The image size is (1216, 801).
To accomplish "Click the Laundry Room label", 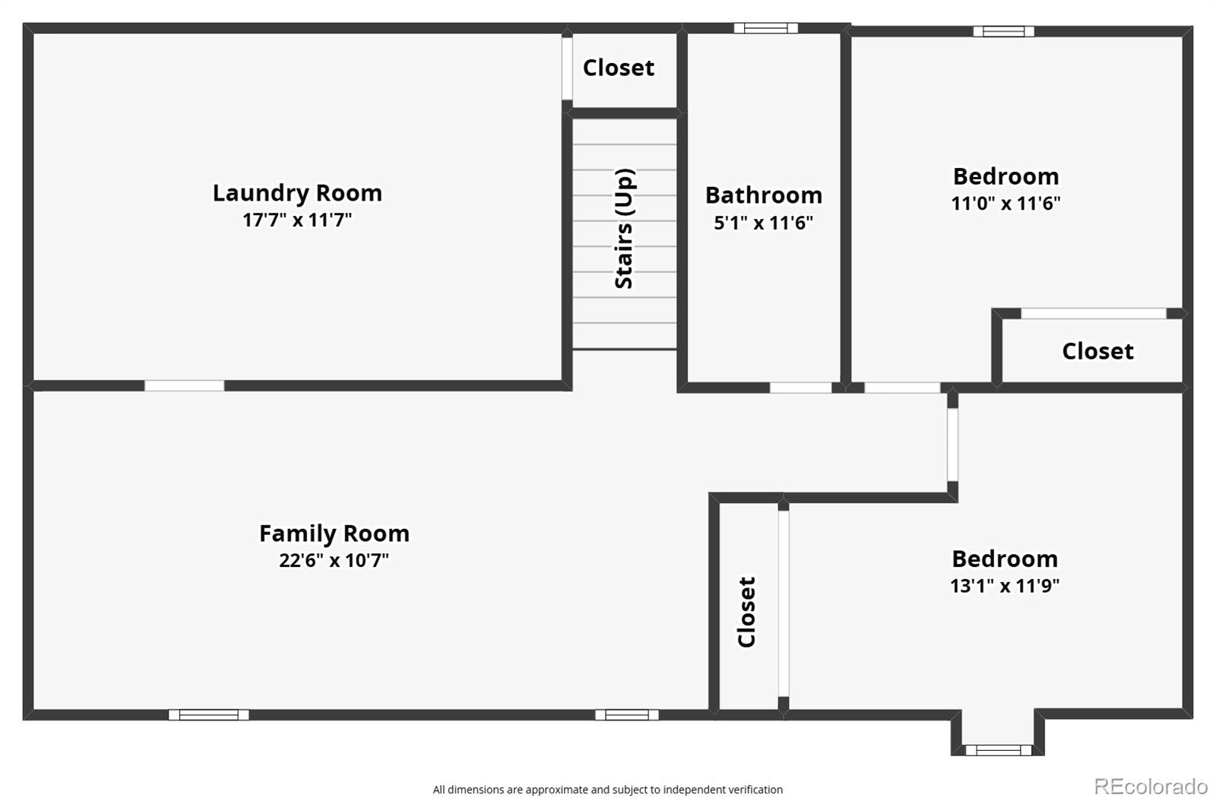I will (297, 193).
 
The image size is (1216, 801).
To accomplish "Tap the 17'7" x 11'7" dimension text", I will (297, 220).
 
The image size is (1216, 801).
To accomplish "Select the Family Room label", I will (334, 533).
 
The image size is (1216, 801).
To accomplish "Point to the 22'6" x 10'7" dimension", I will (334, 561).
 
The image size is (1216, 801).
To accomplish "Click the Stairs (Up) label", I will (624, 228).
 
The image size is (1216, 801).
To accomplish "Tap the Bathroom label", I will (764, 195).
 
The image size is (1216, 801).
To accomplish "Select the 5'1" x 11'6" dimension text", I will (764, 223).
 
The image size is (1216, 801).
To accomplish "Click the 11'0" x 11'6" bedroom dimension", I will (1005, 204).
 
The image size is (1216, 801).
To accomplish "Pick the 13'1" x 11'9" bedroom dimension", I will (1005, 586).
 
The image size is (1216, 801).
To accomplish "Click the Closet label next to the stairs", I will (618, 68).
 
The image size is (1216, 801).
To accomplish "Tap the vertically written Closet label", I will (747, 612).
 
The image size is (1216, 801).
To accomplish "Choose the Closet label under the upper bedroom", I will (1097, 351).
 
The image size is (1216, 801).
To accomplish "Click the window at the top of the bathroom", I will (765, 28).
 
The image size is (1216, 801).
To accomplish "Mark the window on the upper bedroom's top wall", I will (1003, 31).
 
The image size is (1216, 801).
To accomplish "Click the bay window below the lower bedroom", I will (998, 750).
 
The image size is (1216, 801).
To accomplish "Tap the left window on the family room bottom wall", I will (208, 714).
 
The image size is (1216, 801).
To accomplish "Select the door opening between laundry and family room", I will (184, 386).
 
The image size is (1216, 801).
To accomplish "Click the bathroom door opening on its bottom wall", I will (800, 388).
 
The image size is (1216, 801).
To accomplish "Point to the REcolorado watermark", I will (1151, 786).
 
